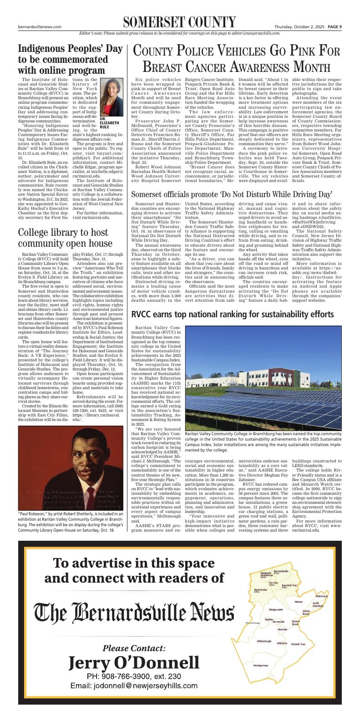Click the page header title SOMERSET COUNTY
179,21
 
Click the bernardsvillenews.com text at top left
40,26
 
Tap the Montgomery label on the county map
261,665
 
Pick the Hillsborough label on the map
264,641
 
